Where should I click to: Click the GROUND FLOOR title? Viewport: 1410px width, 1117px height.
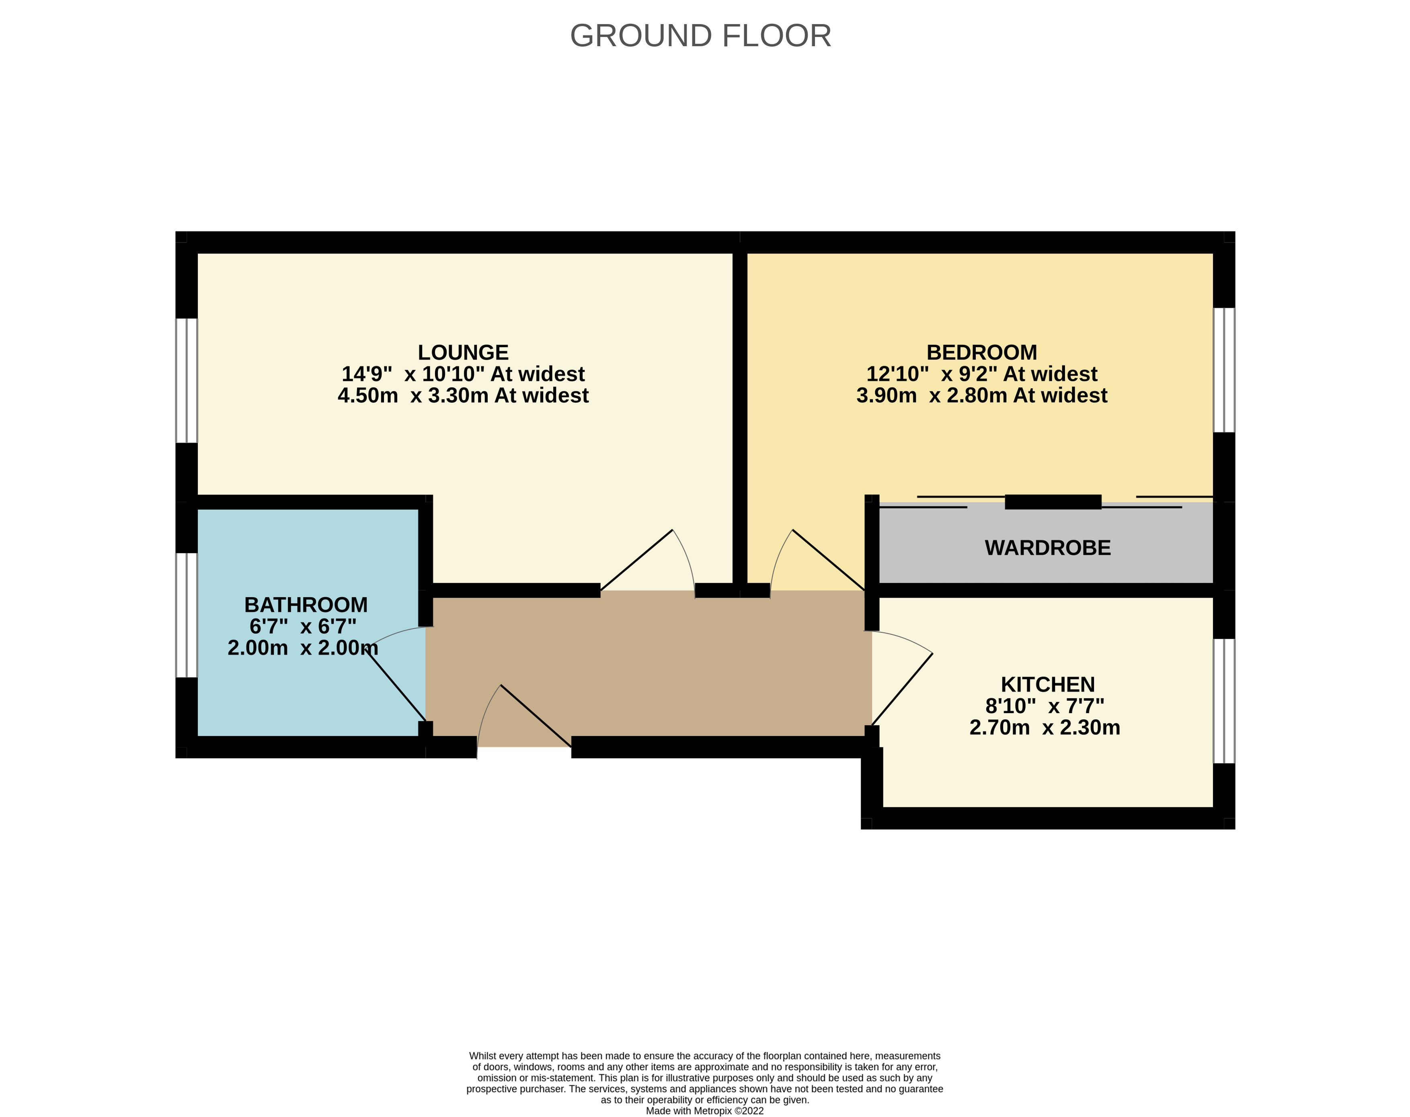[700, 35]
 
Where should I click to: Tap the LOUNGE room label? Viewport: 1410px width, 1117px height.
[463, 352]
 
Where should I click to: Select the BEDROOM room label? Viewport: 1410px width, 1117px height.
[982, 352]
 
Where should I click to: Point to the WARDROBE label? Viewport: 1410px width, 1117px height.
[1048, 548]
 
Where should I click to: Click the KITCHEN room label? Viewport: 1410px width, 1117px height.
[1048, 684]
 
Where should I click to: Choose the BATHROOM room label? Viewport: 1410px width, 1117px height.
[306, 605]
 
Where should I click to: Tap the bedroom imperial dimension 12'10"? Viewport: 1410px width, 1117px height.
[897, 374]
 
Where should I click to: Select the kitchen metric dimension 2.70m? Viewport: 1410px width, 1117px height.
[999, 727]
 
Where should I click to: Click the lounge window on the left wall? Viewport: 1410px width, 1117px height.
[187, 381]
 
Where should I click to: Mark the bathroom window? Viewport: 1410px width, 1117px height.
[187, 615]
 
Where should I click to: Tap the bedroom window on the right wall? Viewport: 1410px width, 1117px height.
[1224, 370]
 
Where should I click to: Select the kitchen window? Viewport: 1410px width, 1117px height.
[1224, 701]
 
